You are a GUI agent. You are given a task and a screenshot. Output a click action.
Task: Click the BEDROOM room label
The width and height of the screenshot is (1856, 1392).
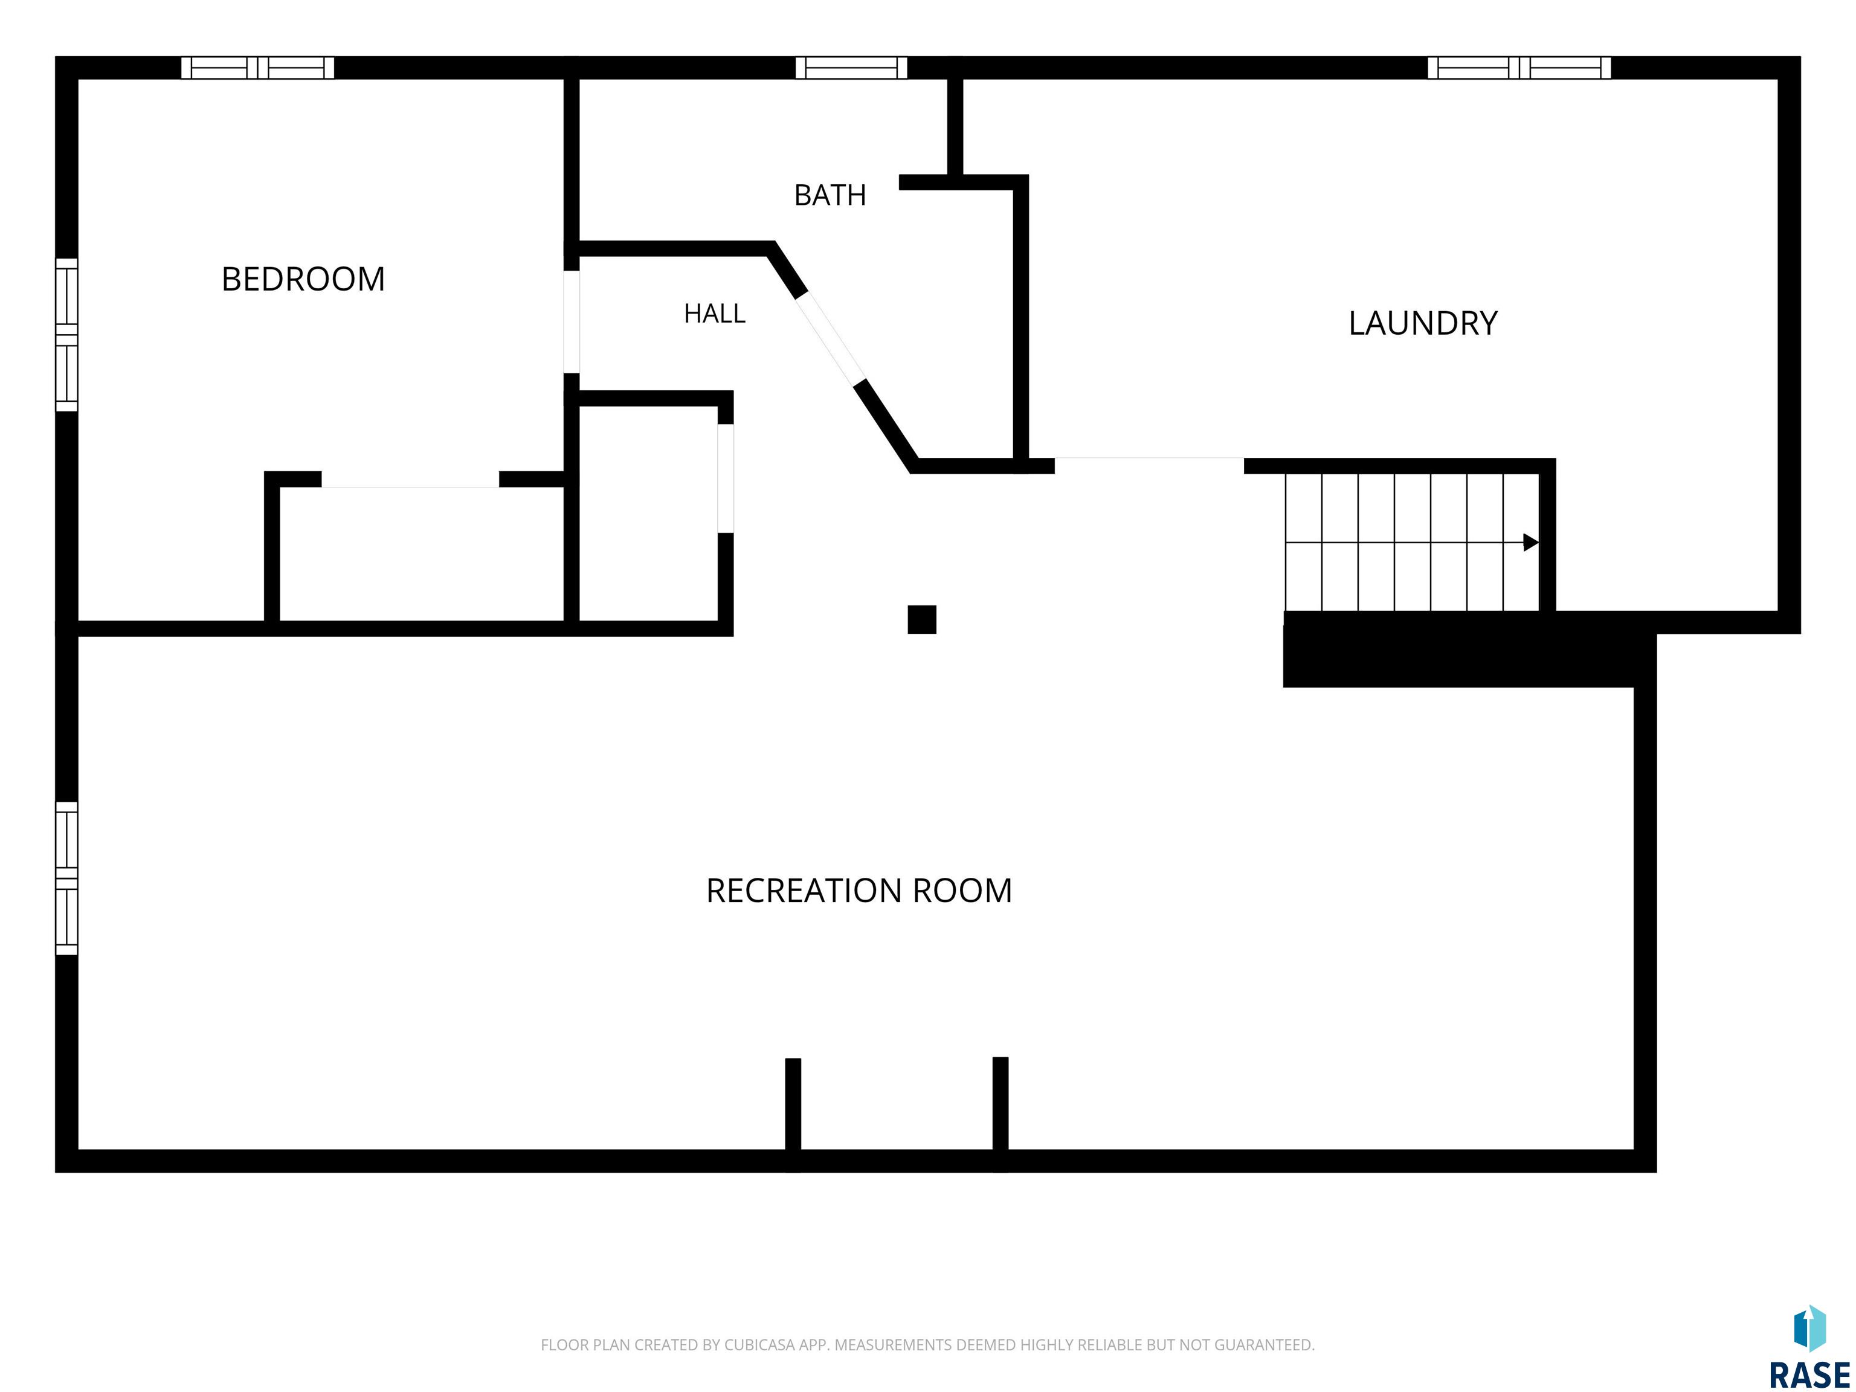pyautogui.click(x=303, y=279)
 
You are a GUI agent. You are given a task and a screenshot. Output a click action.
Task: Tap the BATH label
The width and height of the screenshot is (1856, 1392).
pyautogui.click(x=830, y=196)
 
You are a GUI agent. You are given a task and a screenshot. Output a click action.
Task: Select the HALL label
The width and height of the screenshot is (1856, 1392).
pyautogui.click(x=714, y=314)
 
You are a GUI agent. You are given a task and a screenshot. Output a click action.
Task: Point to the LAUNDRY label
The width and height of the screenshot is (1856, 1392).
pyautogui.click(x=1422, y=323)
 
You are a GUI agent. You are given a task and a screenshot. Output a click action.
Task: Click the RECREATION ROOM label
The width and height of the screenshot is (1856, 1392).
pyautogui.click(x=859, y=891)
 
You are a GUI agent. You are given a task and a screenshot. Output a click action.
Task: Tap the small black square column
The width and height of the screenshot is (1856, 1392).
pyautogui.click(x=921, y=619)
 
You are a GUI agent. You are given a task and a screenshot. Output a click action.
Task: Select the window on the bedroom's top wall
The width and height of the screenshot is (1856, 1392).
pyautogui.click(x=257, y=67)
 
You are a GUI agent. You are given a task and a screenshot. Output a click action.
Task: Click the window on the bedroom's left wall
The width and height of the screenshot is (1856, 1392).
pyautogui.click(x=66, y=335)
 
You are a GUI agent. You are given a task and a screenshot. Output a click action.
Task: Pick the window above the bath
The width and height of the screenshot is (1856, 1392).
pyautogui.click(x=851, y=67)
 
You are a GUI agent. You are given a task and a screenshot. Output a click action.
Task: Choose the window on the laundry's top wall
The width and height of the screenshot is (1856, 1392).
pyautogui.click(x=1519, y=67)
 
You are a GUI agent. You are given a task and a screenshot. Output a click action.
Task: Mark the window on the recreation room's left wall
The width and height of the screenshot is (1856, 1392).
pyautogui.click(x=66, y=878)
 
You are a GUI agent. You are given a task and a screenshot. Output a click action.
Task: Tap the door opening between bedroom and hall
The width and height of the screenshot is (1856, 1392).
pyautogui.click(x=572, y=321)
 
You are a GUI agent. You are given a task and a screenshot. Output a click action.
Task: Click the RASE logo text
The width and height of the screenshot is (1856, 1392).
pyautogui.click(x=1809, y=1375)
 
